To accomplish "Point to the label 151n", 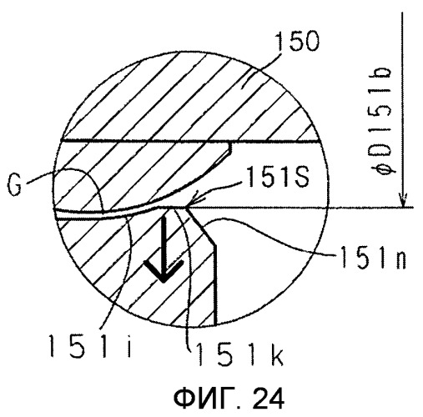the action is tap(373, 258).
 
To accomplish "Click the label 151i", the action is tap(89, 345).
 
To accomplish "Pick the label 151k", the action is tap(239, 354).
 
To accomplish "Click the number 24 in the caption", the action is tap(269, 398).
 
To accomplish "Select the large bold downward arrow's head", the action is tap(164, 270).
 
